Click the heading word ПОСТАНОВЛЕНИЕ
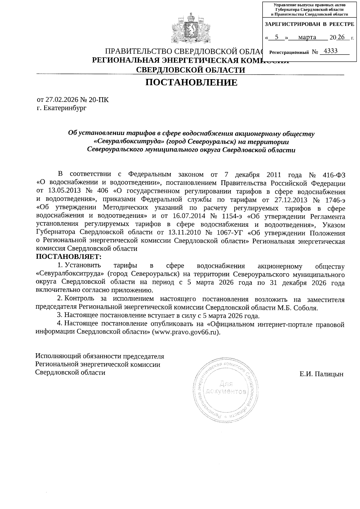coord(191,82)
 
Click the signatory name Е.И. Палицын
coord(321,374)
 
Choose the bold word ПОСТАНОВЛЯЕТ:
coord(69,257)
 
